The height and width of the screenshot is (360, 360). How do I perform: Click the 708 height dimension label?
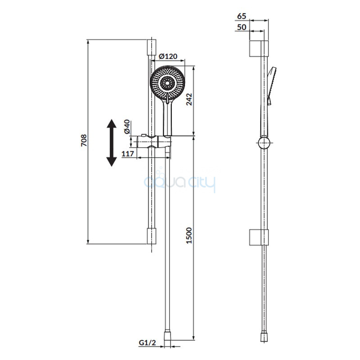pos(84,140)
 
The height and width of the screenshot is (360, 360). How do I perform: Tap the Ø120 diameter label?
pos(168,56)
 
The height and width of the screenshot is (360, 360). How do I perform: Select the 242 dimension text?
pos(189,99)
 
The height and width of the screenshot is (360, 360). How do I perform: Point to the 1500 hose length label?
pos(189,235)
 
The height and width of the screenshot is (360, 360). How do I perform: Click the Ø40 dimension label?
pos(127,126)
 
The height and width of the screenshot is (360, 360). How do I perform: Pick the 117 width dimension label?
pos(128,153)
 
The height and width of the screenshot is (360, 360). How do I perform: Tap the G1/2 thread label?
pos(148,343)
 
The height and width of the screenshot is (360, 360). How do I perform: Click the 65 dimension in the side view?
pos(242,16)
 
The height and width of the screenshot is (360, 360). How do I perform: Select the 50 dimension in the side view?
pos(242,27)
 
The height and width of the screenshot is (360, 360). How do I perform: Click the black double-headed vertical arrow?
pos(112,143)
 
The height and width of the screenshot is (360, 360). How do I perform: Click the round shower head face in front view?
pos(167,83)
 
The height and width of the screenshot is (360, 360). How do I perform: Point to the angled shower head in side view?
pos(272,86)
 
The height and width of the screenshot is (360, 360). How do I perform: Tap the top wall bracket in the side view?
pos(259,49)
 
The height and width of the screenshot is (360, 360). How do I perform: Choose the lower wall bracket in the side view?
pos(259,237)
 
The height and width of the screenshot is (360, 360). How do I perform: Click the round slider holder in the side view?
pos(264,143)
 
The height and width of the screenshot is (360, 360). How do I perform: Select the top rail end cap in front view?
pos(152,47)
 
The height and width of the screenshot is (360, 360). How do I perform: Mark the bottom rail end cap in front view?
pos(152,236)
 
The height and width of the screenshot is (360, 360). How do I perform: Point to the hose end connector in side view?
pos(264,337)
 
